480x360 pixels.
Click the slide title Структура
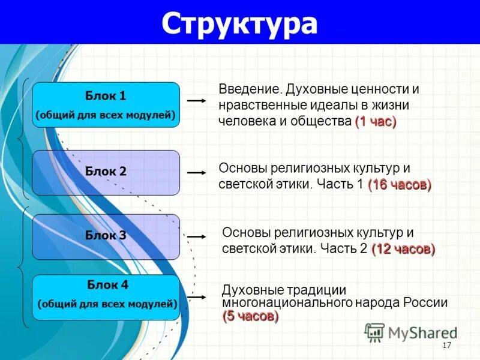(239, 24)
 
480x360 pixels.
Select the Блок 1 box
(106, 104)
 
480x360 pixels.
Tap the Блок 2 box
(106, 172)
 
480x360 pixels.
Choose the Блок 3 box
(106, 236)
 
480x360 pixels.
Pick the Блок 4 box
(106, 296)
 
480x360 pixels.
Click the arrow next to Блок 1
(197, 101)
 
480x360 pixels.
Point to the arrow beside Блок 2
(197, 172)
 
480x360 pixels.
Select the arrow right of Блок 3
(197, 237)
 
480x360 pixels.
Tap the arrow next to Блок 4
(197, 296)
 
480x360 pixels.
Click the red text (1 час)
(376, 121)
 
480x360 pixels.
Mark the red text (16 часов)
(399, 184)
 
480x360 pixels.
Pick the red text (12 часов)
(403, 248)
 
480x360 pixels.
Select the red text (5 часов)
(250, 316)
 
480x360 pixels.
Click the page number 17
(446, 345)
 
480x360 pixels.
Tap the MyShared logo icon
(375, 332)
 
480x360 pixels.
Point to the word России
(427, 303)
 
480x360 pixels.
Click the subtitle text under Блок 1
(106, 115)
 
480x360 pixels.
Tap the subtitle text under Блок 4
(107, 304)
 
